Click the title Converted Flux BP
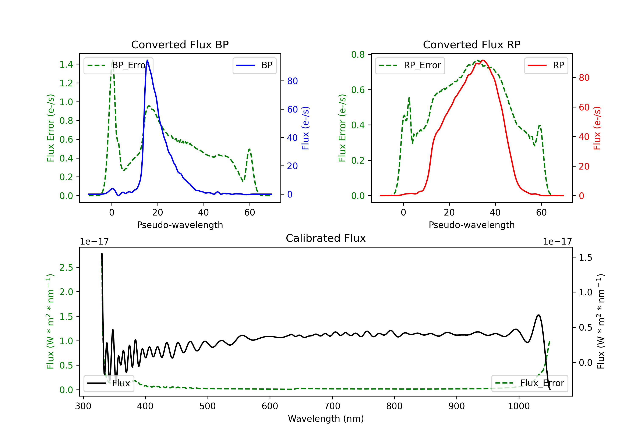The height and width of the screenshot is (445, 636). pyautogui.click(x=180, y=44)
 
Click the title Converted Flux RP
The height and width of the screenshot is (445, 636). pyautogui.click(x=471, y=44)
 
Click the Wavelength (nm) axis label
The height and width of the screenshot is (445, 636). pyautogui.click(x=326, y=419)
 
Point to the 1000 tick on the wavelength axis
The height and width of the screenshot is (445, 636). pyautogui.click(x=519, y=406)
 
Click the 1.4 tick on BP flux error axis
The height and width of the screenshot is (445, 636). pyautogui.click(x=66, y=64)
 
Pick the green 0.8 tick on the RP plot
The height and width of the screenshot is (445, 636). pyautogui.click(x=358, y=54)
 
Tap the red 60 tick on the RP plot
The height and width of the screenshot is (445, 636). pyautogui.click(x=584, y=107)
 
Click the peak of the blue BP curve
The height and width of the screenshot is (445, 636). pyautogui.click(x=147, y=60)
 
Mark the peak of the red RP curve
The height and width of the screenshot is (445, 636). pyautogui.click(x=483, y=60)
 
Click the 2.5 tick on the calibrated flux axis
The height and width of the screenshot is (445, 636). pyautogui.click(x=66, y=267)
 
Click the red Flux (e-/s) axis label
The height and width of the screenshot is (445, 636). pyautogui.click(x=597, y=128)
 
